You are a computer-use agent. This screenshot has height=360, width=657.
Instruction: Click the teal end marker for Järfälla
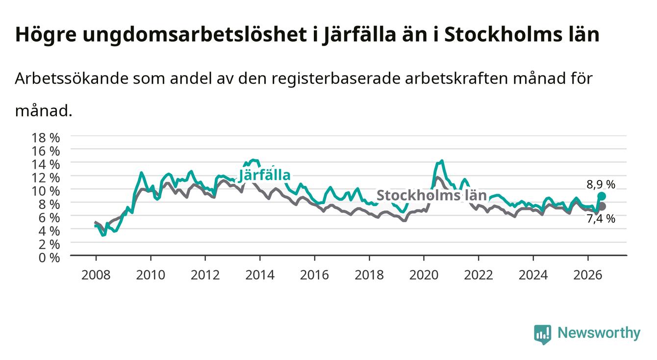pos(602,196)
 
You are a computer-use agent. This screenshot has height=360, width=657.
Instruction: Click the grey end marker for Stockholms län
pos(602,206)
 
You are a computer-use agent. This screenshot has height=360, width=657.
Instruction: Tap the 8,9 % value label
pos(601,184)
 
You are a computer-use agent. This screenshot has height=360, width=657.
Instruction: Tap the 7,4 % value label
pos(601,219)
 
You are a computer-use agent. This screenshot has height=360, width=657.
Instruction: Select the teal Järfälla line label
pos(265,176)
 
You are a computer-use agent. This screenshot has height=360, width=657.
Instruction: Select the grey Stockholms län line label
pos(431,195)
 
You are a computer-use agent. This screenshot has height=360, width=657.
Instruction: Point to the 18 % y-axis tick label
pos(46,138)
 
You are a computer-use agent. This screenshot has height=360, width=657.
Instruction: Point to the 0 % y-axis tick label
pos(49,258)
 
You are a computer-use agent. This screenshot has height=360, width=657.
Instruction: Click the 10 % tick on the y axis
pos(46,191)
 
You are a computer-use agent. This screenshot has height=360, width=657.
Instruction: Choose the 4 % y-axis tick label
pos(49,231)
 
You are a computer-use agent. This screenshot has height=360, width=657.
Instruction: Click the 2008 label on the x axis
pos(96,275)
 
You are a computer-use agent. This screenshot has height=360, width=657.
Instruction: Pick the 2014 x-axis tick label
pos(260,275)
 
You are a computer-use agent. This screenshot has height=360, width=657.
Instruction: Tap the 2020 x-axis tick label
pos(424,275)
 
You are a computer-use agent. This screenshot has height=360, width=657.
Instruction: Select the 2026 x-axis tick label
pos(588,275)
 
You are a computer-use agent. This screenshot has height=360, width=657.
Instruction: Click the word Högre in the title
pos(46,35)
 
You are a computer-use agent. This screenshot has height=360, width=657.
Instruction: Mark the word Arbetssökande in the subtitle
pos(72,78)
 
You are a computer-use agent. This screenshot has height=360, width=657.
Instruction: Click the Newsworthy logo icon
pos(543,334)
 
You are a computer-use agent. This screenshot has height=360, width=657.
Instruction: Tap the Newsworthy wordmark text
pos(599,333)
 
